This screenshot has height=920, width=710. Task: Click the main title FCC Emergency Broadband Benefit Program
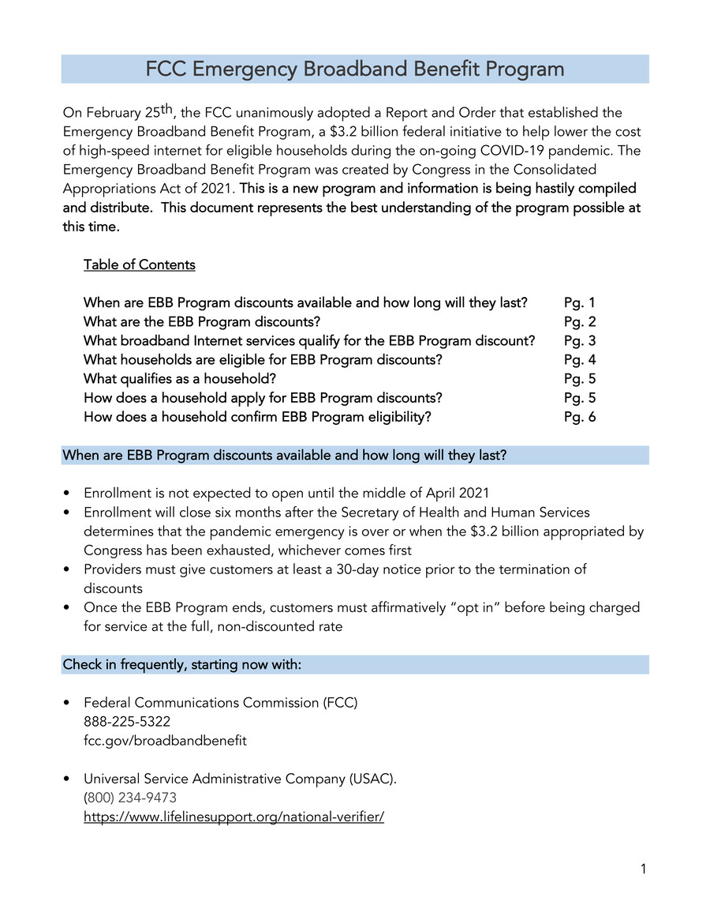[355, 69]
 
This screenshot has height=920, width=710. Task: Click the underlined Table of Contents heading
[139, 265]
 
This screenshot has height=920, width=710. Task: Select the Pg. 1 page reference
[580, 302]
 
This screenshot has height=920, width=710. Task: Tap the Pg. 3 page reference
[580, 340]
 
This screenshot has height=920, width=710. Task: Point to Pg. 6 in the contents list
[580, 417]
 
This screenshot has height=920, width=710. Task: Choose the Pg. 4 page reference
[580, 359]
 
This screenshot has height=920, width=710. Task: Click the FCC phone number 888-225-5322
[126, 722]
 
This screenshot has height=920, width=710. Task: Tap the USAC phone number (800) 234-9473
[130, 798]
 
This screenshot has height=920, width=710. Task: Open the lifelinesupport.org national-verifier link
[234, 817]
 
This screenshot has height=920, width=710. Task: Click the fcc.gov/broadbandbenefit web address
[165, 741]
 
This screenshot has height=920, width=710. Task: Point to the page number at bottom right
[643, 869]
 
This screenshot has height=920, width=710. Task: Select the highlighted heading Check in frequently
[181, 664]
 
